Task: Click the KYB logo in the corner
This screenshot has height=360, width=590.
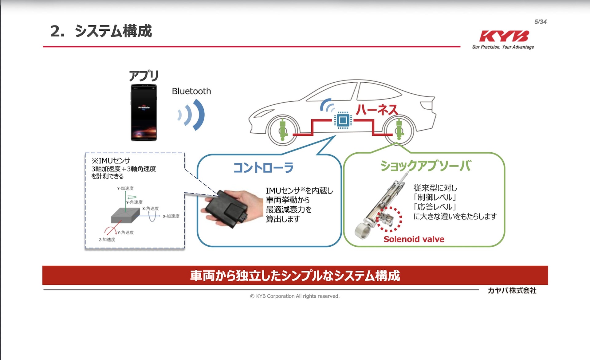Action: [x=504, y=36]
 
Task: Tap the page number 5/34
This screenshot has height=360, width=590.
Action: [x=540, y=22]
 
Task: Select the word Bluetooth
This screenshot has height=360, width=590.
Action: [x=191, y=91]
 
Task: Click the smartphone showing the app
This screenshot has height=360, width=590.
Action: [x=144, y=113]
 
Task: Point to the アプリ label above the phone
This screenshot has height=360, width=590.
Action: [x=144, y=76]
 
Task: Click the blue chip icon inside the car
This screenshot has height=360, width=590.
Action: [x=343, y=120]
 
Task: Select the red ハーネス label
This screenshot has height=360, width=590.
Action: [x=377, y=110]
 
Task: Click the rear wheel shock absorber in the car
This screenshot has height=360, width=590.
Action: [x=399, y=130]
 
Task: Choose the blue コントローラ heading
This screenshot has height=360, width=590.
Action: [x=263, y=168]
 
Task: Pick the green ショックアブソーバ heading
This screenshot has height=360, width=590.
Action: [x=425, y=166]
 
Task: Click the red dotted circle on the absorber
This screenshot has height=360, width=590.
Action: [x=389, y=219]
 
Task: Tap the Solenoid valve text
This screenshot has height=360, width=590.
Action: [x=414, y=239]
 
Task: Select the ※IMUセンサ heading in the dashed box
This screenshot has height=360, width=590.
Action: [x=111, y=161]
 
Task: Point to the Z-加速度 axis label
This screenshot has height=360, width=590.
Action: [x=107, y=240]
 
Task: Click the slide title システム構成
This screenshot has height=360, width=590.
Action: [x=113, y=31]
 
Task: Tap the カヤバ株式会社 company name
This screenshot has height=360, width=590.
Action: [x=512, y=291]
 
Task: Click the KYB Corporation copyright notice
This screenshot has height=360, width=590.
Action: [x=295, y=296]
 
